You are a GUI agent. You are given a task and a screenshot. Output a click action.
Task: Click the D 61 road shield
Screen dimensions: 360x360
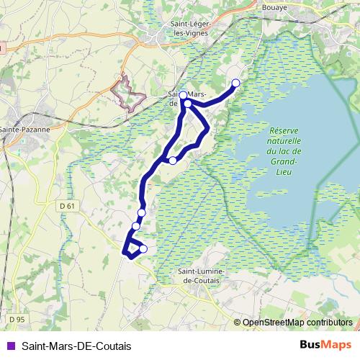(68, 207)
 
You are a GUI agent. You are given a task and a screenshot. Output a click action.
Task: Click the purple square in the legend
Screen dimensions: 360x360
(9, 346)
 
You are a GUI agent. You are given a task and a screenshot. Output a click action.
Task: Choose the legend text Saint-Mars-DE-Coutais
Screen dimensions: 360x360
(71, 346)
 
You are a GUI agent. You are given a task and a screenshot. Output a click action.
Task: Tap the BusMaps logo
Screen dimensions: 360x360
(325, 345)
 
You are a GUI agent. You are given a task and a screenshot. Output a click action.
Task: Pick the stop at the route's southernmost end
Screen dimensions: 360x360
(143, 249)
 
